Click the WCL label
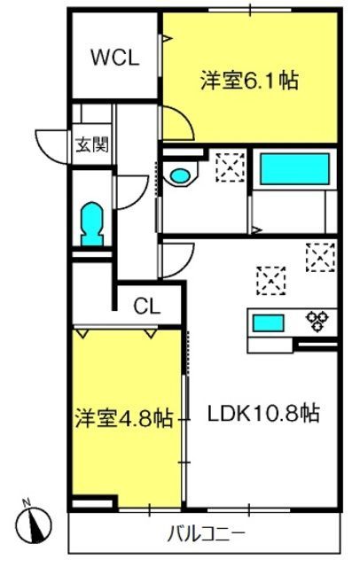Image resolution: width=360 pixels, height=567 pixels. [x=114, y=58]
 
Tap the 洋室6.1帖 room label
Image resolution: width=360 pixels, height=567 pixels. [x=249, y=81]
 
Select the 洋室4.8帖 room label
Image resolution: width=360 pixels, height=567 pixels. [x=124, y=419]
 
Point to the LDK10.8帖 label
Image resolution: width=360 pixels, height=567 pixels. [x=263, y=414]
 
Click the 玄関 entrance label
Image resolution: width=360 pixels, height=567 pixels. [x=92, y=145]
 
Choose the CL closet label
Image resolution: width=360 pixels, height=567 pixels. [x=147, y=307]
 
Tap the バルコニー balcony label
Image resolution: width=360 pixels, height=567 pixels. [x=207, y=533]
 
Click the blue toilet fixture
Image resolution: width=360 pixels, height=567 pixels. [x=92, y=223]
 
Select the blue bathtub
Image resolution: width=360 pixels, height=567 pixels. [x=294, y=169]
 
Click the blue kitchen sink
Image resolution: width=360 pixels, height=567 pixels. [x=268, y=322]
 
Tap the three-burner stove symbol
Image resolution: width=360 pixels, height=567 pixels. [x=317, y=320]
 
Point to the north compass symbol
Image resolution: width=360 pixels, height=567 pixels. [x=34, y=526]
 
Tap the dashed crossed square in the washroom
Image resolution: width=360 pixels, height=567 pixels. [x=231, y=167]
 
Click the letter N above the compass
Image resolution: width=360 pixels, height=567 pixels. [x=26, y=502]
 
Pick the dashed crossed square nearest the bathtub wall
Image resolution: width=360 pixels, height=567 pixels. [x=320, y=257]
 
